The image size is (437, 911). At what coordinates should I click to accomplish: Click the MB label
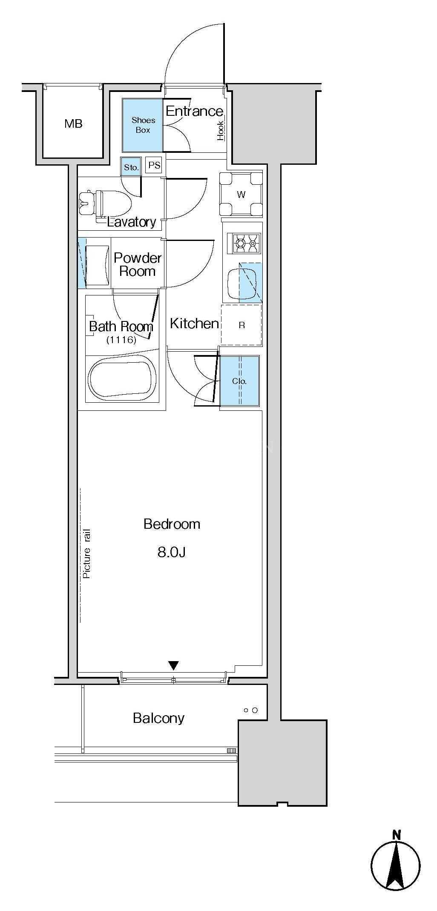coord(73,124)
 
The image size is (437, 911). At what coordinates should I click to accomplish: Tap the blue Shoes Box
coord(143,125)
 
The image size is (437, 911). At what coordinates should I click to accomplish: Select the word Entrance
coord(194,111)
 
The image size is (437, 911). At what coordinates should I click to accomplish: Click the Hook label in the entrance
coord(221,130)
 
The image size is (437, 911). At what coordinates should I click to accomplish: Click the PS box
coord(154,165)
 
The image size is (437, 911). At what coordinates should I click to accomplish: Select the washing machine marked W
coord(241,195)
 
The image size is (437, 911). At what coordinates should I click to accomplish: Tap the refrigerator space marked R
coord(241,325)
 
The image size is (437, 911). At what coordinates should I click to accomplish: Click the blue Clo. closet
coord(239,381)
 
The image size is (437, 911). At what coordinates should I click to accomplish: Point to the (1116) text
coord(121,340)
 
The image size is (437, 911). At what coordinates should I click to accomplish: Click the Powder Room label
coord(138,264)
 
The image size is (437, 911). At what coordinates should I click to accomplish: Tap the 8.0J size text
coord(172,552)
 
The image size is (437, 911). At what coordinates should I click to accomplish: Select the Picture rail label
coord(86,553)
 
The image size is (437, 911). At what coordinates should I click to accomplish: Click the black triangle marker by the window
coord(173,665)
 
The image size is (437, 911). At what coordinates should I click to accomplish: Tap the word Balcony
coord(159,718)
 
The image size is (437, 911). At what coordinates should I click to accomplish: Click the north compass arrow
coord(396,863)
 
